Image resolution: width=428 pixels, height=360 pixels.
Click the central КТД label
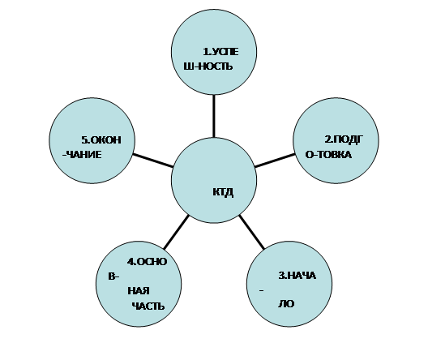[223, 192]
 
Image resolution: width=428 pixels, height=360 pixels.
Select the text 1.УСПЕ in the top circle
[220, 52]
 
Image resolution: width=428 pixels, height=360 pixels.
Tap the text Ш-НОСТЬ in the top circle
[208, 66]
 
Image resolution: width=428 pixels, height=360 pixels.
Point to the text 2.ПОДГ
[344, 139]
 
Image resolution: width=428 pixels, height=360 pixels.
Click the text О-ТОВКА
[328, 155]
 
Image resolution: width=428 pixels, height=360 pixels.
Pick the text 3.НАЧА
[297, 276]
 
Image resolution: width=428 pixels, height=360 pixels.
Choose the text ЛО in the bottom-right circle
[286, 304]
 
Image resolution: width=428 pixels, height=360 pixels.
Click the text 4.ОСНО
[147, 262]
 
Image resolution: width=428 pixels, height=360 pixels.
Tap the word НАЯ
[139, 290]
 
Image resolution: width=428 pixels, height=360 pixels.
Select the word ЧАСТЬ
[148, 306]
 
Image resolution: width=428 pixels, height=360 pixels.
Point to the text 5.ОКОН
[101, 140]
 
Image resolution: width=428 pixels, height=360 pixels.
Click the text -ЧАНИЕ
[82, 155]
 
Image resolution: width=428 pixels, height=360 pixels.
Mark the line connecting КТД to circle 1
[214, 116]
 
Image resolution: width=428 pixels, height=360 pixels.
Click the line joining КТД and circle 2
[275, 161]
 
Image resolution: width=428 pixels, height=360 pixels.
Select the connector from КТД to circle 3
[251, 232]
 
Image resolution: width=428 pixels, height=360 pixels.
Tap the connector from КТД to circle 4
[177, 232]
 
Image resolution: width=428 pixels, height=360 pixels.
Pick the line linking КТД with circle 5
[153, 161]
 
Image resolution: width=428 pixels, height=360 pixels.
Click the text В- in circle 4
[113, 276]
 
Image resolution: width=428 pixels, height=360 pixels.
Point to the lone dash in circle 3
[262, 290]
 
